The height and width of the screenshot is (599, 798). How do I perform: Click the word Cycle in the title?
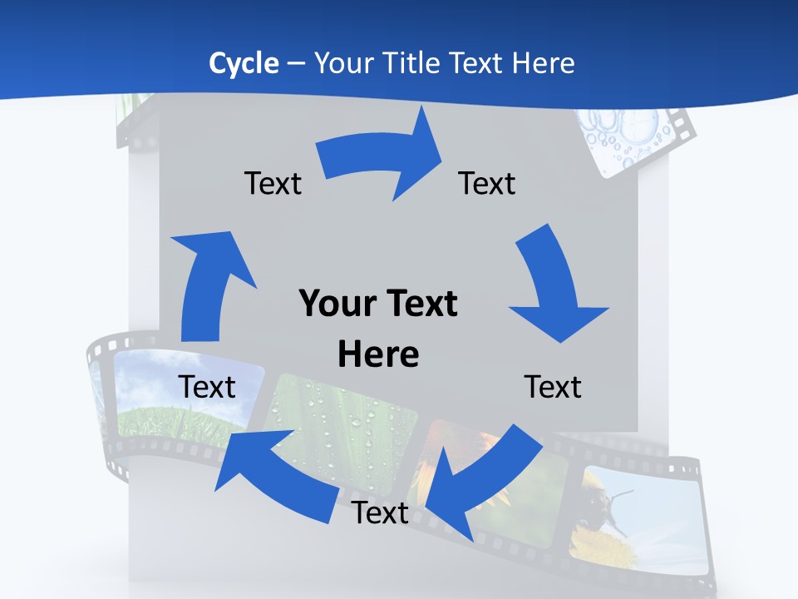click(244, 63)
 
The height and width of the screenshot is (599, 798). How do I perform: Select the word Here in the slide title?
click(543, 63)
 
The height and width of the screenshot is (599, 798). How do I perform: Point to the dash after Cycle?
click(295, 63)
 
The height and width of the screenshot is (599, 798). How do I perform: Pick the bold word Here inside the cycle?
click(378, 354)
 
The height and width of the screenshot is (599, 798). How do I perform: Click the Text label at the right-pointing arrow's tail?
click(273, 183)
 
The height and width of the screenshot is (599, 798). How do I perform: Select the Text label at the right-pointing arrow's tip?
click(487, 183)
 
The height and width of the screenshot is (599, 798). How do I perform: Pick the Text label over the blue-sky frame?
click(207, 387)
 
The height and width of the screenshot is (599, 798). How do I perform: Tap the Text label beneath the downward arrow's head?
click(553, 387)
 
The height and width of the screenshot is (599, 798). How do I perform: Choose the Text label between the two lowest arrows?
click(380, 513)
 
